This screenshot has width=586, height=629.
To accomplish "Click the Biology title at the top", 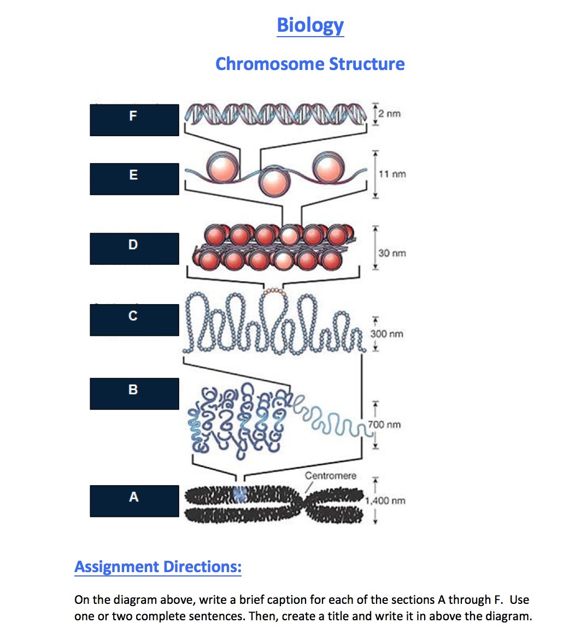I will pos(310,25).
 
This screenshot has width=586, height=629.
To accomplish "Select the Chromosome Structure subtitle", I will pos(310,64).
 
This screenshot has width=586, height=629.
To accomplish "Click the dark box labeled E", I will pos(134,179).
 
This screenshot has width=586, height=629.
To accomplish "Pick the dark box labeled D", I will pos(134,248).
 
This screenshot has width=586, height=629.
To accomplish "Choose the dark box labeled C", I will pos(134,319).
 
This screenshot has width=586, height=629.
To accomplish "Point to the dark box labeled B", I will pos(134,393).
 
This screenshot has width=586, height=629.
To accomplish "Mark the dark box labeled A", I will pos(134,500).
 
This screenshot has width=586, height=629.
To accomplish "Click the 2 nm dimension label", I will pos(390,114).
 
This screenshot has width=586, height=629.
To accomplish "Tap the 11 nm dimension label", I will pos(392,174).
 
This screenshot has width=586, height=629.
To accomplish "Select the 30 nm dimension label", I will pos(392,253).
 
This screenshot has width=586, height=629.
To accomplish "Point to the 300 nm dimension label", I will pos(387,334).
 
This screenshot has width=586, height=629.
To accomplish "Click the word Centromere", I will pos(330,476).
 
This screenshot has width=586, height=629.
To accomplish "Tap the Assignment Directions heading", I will pos(158,567).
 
